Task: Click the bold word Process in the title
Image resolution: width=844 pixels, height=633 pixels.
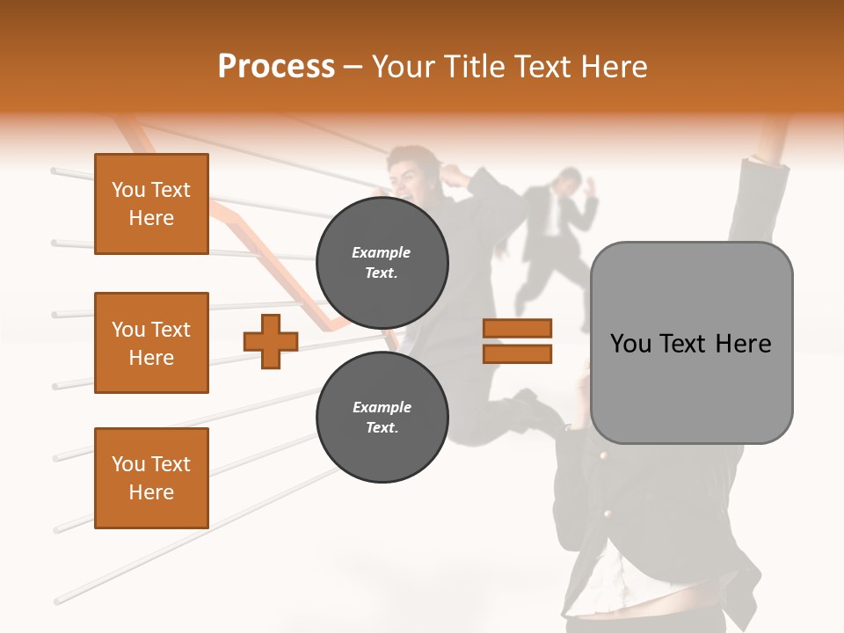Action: pos(276,67)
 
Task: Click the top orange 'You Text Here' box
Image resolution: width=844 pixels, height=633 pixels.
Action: pos(151,204)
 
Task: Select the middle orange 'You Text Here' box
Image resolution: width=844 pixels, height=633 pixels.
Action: pos(151,343)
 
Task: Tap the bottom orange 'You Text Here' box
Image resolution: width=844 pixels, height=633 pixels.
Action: pos(151,478)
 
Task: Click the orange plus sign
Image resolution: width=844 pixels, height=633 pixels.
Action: pos(271,341)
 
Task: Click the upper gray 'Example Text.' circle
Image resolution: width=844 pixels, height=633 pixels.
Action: pos(382,263)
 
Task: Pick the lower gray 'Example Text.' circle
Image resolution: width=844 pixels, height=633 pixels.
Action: pos(382,418)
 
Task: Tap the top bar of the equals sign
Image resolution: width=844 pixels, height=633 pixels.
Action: pos(517,329)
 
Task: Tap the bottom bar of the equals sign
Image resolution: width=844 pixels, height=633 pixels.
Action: pos(517,353)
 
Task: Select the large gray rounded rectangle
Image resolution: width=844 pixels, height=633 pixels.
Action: pos(691,342)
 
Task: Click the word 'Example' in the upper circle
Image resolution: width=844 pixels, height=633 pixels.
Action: pos(382,252)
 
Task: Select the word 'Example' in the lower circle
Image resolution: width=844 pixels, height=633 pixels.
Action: pos(382,407)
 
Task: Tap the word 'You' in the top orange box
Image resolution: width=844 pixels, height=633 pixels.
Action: pos(128,190)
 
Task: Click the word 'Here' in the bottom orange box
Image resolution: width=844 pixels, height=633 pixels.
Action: pos(151,492)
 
